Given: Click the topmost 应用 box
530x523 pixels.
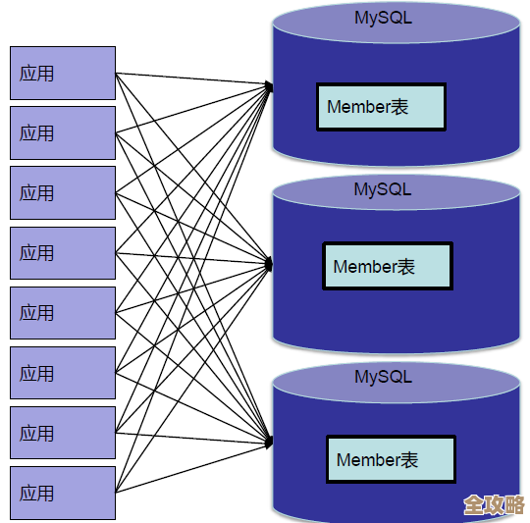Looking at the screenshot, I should tap(63, 73).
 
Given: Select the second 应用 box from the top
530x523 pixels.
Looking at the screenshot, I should tap(63, 132).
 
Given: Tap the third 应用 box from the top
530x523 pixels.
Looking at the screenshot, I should tap(63, 192).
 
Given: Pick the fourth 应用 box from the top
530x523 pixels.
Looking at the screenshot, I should tap(63, 253).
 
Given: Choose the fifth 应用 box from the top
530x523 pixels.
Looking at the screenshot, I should tap(63, 313).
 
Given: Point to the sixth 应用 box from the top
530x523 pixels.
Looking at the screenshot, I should tap(63, 373).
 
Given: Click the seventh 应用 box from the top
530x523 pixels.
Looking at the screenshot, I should tap(63, 433).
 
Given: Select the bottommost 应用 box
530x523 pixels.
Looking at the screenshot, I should tap(63, 493).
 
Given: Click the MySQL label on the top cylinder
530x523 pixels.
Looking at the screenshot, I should tap(383, 18).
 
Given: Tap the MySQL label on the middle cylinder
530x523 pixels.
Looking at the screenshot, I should tap(383, 189).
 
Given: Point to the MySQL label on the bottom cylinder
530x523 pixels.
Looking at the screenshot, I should tap(383, 376).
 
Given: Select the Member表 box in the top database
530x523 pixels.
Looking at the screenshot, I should tap(381, 107).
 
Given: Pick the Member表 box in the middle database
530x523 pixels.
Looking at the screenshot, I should tap(387, 266).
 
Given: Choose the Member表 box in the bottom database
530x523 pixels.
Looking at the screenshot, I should tap(391, 459).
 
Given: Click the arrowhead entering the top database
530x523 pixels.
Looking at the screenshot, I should tap(269, 87).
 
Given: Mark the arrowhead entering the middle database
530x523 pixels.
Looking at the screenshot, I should tap(269, 262).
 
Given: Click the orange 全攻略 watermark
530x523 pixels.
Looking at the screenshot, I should tap(494, 504).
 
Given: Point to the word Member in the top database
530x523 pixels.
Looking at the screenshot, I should tap(358, 107).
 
